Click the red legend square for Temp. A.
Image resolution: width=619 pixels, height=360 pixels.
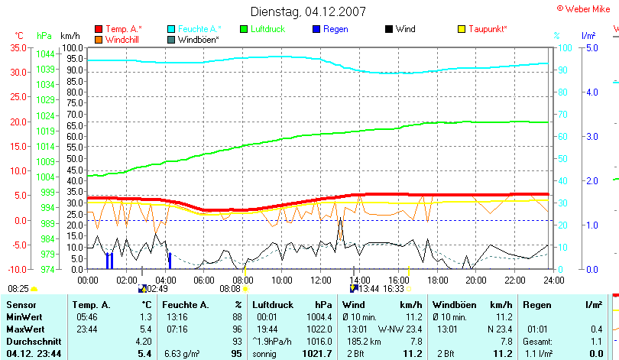click(x=98, y=29)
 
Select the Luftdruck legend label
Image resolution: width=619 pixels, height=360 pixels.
click(x=268, y=29)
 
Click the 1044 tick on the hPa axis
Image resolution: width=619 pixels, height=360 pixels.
click(x=45, y=54)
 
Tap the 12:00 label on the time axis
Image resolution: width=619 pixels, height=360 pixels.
click(x=321, y=280)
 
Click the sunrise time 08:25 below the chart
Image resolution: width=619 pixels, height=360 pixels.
click(x=18, y=289)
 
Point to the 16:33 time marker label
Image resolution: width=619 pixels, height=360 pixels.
click(x=394, y=289)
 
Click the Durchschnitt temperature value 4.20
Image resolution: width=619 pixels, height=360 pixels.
click(x=143, y=340)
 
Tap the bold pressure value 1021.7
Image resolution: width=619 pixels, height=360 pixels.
click(x=318, y=354)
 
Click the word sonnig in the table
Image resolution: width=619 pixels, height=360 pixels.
click(x=265, y=354)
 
